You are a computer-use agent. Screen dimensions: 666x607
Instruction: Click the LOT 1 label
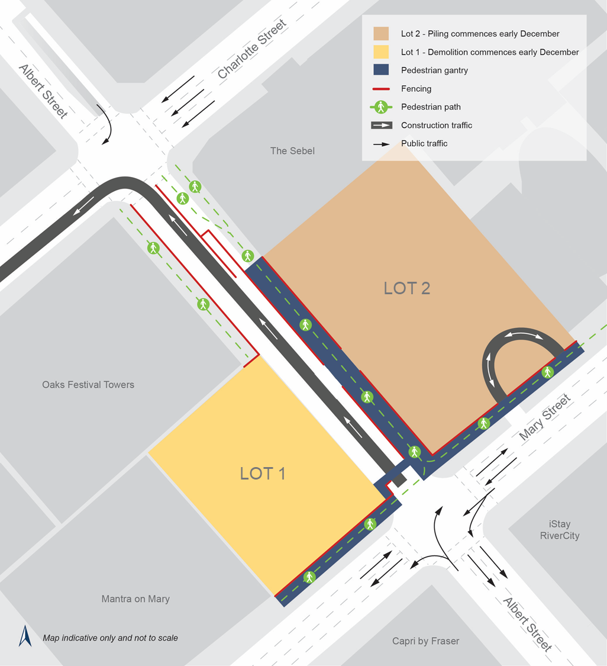click(x=263, y=474)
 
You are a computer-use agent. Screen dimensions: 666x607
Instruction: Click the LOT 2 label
click(x=406, y=288)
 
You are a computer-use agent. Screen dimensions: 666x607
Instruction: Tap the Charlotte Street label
click(x=252, y=49)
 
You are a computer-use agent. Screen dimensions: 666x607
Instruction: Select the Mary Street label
click(x=546, y=417)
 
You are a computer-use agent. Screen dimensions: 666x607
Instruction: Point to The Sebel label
click(x=292, y=151)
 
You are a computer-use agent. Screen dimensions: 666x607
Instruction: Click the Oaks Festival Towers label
click(x=88, y=385)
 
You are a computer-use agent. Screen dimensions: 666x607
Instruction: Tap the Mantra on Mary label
click(x=135, y=599)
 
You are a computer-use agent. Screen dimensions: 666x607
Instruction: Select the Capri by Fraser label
click(x=425, y=641)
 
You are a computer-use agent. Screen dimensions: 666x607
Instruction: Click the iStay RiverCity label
click(x=559, y=530)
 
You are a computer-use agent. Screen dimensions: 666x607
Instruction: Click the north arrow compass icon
click(x=25, y=636)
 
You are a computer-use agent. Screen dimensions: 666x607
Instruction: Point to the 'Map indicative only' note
click(x=110, y=638)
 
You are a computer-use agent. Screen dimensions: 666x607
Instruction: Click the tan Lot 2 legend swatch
click(x=381, y=34)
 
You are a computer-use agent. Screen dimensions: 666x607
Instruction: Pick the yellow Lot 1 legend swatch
click(x=381, y=52)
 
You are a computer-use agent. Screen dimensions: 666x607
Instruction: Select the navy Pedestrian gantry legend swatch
click(x=381, y=70)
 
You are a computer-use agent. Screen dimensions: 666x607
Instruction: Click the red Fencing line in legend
click(x=381, y=89)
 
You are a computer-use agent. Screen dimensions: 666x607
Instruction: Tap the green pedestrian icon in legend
click(x=381, y=107)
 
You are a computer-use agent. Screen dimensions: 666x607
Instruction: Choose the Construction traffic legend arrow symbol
click(x=381, y=126)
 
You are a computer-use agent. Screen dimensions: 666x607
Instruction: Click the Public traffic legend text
click(x=424, y=143)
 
